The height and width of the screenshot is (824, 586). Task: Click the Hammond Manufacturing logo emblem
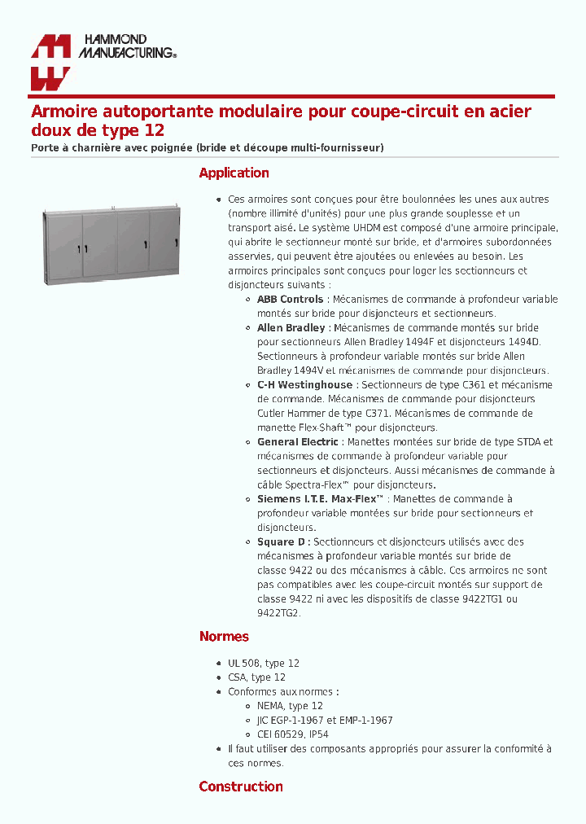[x=50, y=62]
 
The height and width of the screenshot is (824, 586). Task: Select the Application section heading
[x=234, y=173]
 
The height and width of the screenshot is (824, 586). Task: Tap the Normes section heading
[x=224, y=637]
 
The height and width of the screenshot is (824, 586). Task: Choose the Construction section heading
[x=241, y=787]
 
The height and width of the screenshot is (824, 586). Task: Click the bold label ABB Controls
[x=290, y=300]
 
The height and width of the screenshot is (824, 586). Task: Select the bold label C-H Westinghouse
[x=304, y=385]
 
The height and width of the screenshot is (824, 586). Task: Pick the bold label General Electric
[x=297, y=442]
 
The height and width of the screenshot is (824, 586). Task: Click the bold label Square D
[x=282, y=541]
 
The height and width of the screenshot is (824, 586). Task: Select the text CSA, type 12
[x=256, y=677]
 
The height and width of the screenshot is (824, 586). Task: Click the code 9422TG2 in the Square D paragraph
[x=278, y=613]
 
